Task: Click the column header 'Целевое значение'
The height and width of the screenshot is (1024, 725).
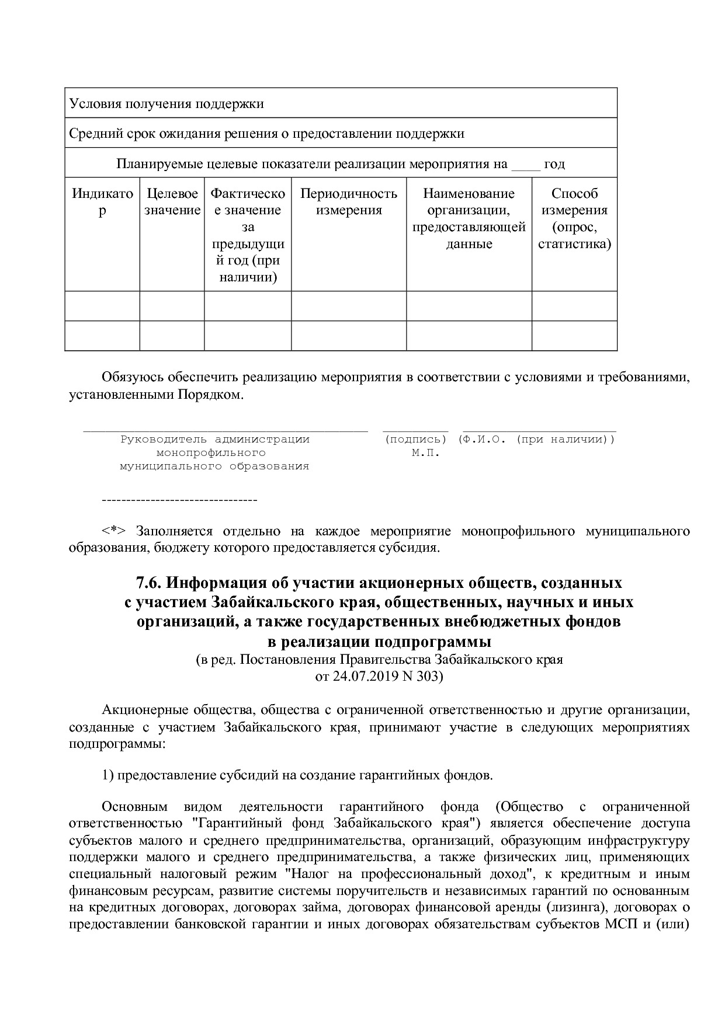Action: click(172, 201)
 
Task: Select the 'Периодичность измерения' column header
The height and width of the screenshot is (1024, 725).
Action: click(349, 201)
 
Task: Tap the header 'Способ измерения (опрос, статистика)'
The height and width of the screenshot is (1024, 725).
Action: click(574, 218)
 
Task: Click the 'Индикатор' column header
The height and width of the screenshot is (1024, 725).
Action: click(102, 201)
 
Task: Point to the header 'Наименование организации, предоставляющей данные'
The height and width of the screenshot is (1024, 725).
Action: click(469, 218)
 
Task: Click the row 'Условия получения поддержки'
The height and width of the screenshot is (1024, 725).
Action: click(166, 104)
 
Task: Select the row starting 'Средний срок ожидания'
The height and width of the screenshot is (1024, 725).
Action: click(266, 134)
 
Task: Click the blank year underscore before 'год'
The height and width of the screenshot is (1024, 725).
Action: click(526, 164)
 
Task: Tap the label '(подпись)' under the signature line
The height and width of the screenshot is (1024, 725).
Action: click(415, 439)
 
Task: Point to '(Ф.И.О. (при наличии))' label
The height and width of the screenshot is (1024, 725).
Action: click(536, 439)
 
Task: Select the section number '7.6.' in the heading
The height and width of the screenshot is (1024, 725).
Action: click(150, 583)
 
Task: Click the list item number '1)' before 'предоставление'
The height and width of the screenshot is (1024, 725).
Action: click(108, 775)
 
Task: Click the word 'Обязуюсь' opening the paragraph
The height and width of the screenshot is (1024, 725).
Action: click(134, 377)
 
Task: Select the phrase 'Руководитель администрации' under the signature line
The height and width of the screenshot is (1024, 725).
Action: click(214, 439)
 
